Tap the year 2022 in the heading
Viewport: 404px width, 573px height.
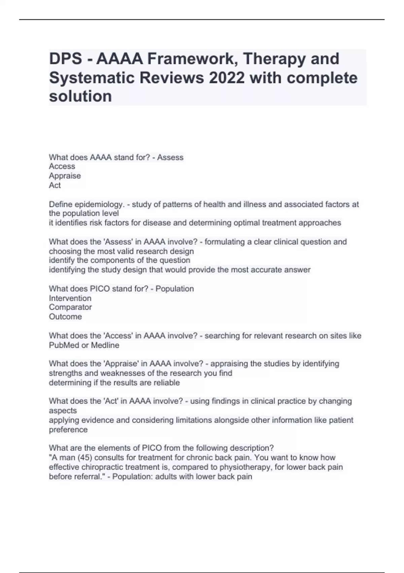tap(226, 78)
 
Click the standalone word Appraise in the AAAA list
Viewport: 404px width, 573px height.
tap(65, 176)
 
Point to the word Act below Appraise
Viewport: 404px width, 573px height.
tap(55, 185)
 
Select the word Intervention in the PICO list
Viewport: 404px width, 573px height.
tap(70, 298)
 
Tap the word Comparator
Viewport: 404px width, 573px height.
tap(70, 307)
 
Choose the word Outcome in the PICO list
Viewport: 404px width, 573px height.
tap(65, 317)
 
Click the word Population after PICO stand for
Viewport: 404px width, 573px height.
tap(174, 289)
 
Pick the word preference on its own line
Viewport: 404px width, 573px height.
tap(68, 430)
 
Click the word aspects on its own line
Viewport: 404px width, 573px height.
tap(63, 411)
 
